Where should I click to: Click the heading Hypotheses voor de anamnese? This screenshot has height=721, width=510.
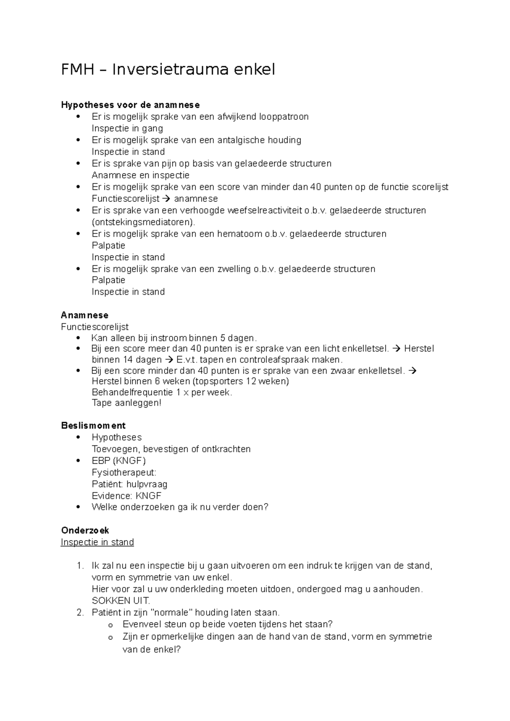pyautogui.click(x=130, y=105)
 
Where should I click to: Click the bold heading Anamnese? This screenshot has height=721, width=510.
pyautogui.click(x=85, y=315)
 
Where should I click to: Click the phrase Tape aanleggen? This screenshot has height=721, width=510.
pyautogui.click(x=127, y=403)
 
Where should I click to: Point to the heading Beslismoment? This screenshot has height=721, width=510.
pyautogui.click(x=93, y=425)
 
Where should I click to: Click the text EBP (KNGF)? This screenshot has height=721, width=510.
pyautogui.click(x=119, y=461)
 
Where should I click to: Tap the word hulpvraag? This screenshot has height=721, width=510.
pyautogui.click(x=147, y=484)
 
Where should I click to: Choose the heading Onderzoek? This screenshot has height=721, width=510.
pyautogui.click(x=85, y=530)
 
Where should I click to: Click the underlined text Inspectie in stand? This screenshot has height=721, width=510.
pyautogui.click(x=97, y=542)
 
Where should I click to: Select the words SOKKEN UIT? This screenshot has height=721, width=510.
pyautogui.click(x=121, y=601)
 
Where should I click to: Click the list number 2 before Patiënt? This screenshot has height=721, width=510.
pyautogui.click(x=80, y=613)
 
